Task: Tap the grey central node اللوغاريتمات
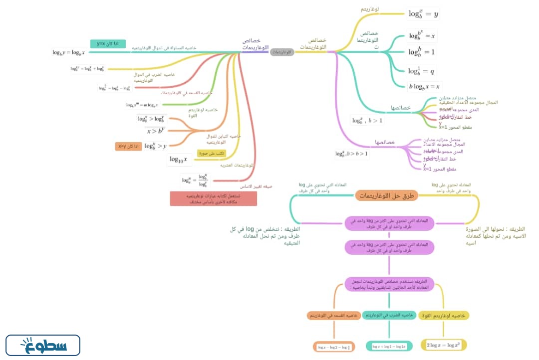click(282, 52)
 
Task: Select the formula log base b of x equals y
click(423, 14)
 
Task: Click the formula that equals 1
click(422, 52)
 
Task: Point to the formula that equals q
click(421, 70)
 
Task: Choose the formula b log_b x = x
click(425, 86)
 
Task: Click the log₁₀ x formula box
click(179, 160)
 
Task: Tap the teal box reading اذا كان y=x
click(108, 44)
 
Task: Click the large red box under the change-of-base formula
click(213, 198)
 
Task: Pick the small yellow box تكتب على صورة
click(212, 153)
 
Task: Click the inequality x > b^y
click(155, 131)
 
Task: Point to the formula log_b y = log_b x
click(68, 52)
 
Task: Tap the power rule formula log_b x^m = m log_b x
click(142, 105)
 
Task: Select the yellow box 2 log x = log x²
click(443, 345)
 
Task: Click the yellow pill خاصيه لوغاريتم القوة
click(444, 316)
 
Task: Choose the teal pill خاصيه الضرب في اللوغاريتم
click(389, 316)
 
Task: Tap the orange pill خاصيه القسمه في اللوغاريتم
click(333, 316)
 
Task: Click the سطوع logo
click(43, 345)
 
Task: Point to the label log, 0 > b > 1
click(351, 154)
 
